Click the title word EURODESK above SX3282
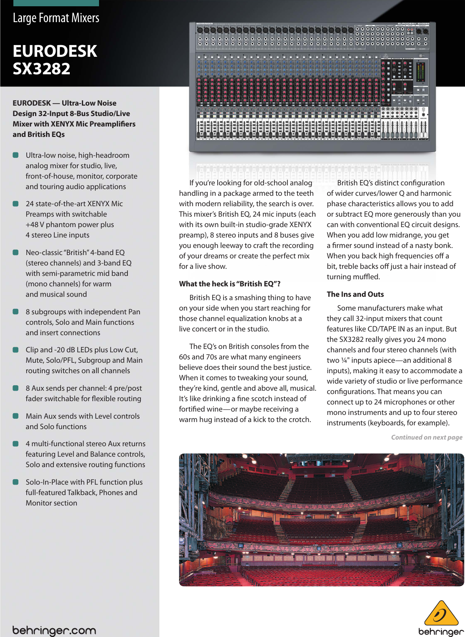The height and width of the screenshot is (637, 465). (55, 51)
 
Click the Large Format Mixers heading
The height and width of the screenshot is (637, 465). (56, 18)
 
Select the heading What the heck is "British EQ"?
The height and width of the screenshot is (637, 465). (229, 284)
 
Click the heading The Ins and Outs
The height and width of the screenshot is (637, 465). (355, 294)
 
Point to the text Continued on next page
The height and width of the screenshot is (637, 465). (427, 437)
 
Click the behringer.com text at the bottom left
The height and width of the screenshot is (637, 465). (54, 630)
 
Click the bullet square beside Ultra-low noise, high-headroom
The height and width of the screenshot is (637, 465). (16, 155)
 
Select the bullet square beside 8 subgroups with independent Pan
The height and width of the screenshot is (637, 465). (16, 312)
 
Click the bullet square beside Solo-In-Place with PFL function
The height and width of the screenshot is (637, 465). (16, 482)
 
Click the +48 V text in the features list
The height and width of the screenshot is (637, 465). (35, 225)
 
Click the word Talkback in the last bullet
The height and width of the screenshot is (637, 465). (82, 493)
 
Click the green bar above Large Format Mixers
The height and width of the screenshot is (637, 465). (56, 3)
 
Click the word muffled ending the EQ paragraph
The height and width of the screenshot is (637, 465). (366, 277)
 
